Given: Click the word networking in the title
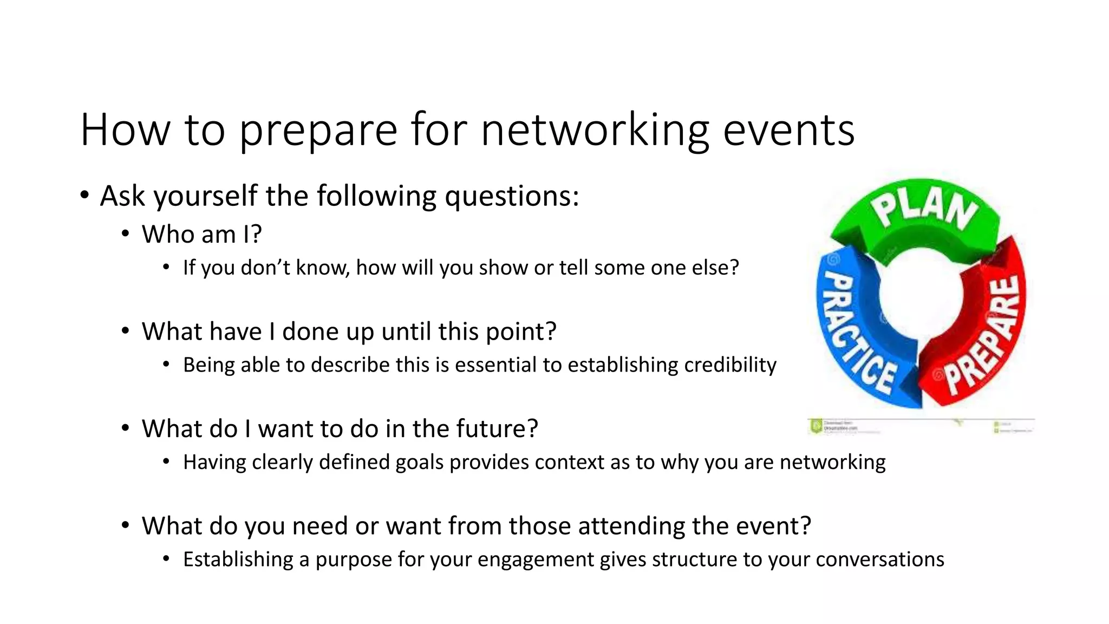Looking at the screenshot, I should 595,130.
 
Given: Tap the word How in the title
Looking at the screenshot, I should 125,130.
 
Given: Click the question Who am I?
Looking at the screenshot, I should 201,235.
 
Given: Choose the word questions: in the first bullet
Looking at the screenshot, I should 512,196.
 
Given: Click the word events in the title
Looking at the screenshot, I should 788,130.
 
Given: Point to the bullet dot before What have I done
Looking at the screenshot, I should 125,331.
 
